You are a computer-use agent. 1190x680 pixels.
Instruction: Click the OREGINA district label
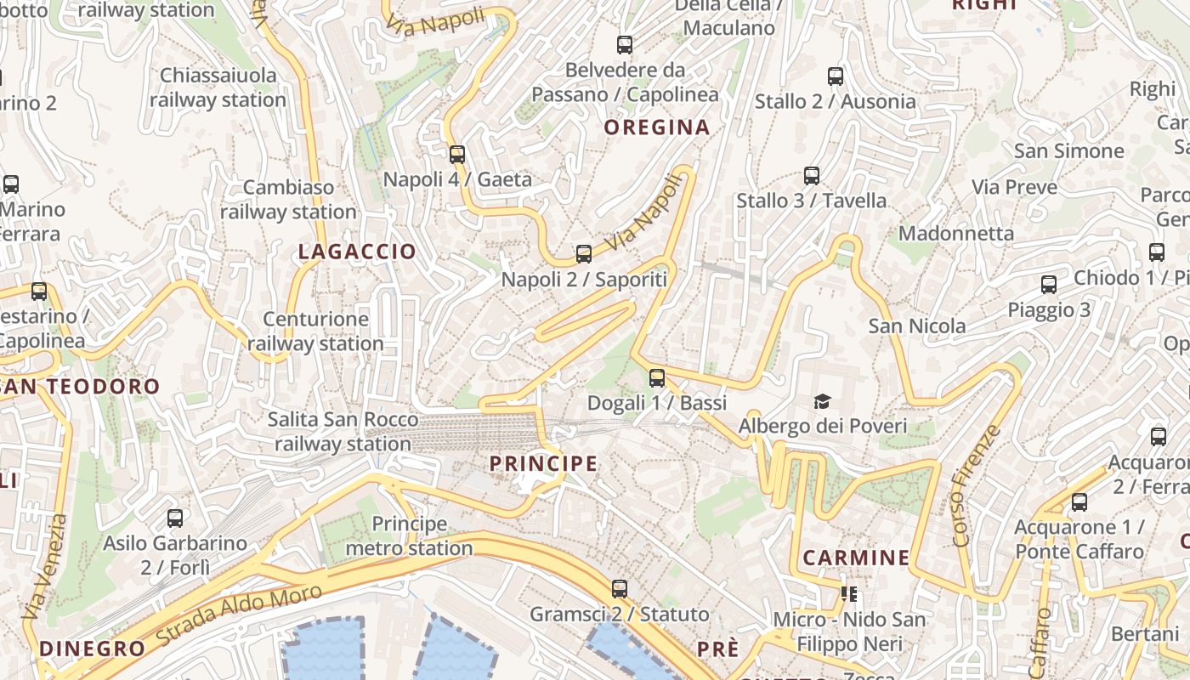[656, 127]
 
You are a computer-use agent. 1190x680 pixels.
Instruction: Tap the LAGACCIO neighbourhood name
[357, 252]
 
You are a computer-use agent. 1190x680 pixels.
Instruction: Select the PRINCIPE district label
[543, 463]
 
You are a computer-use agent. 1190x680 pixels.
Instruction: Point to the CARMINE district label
[856, 558]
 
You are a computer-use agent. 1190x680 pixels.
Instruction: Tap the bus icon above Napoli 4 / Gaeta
[457, 154]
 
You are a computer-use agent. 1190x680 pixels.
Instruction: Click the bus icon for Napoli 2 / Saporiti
[583, 253]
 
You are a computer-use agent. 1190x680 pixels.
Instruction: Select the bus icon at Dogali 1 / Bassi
[657, 377]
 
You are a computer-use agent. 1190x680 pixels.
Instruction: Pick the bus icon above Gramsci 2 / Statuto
[620, 588]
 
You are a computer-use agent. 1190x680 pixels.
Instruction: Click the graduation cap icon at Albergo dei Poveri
[822, 401]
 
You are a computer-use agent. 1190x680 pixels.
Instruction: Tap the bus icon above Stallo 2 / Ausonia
[836, 76]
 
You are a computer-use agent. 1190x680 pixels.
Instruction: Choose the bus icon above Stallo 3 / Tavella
[812, 176]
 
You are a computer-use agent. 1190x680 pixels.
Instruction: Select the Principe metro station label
[409, 536]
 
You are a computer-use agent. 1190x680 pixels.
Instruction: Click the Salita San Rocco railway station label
[343, 432]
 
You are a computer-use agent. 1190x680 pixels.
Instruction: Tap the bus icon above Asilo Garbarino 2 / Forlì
[175, 518]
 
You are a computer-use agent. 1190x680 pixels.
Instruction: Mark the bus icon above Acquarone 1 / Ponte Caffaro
[1079, 501]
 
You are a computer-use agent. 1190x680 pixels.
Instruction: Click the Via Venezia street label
[44, 566]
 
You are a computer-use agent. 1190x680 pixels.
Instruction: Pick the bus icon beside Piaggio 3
[1049, 285]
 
